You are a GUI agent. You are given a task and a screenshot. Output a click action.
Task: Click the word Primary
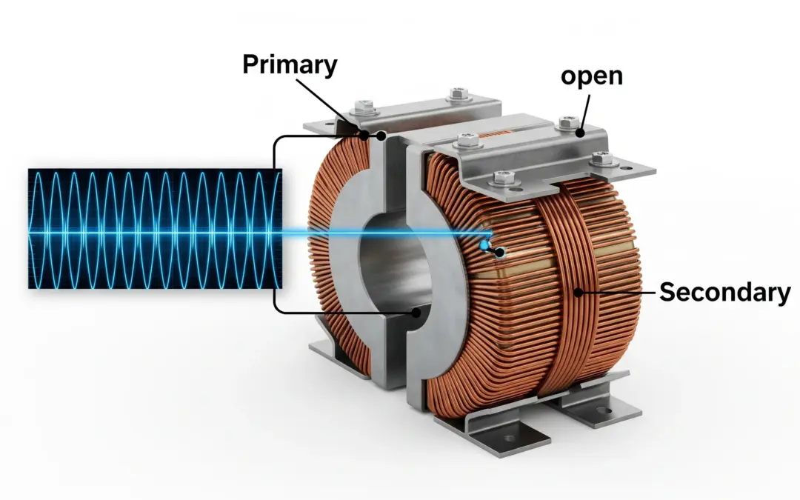coord(290,64)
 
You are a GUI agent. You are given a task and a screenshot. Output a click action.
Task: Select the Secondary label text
coord(724,292)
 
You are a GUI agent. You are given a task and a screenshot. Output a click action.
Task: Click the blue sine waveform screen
coord(155,228)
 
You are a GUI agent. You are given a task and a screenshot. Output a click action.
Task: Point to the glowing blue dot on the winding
coord(484,245)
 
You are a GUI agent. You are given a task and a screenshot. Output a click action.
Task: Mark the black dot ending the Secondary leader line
coord(578,293)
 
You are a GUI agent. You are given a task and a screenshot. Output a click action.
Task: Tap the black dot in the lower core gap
coord(416,313)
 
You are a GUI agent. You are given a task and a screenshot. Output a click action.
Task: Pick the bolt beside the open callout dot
coord(569,120)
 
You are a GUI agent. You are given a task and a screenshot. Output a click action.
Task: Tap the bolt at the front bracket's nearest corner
coord(501,177)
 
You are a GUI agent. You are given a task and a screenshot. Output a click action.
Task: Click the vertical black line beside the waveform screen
coord(275,222)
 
